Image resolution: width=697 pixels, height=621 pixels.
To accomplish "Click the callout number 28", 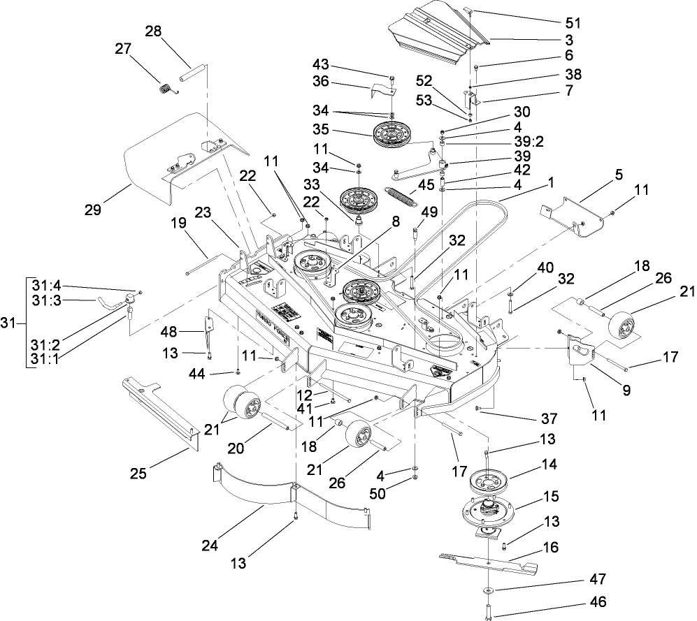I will tap(153, 31).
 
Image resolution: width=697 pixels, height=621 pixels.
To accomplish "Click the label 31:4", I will tap(46, 285).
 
